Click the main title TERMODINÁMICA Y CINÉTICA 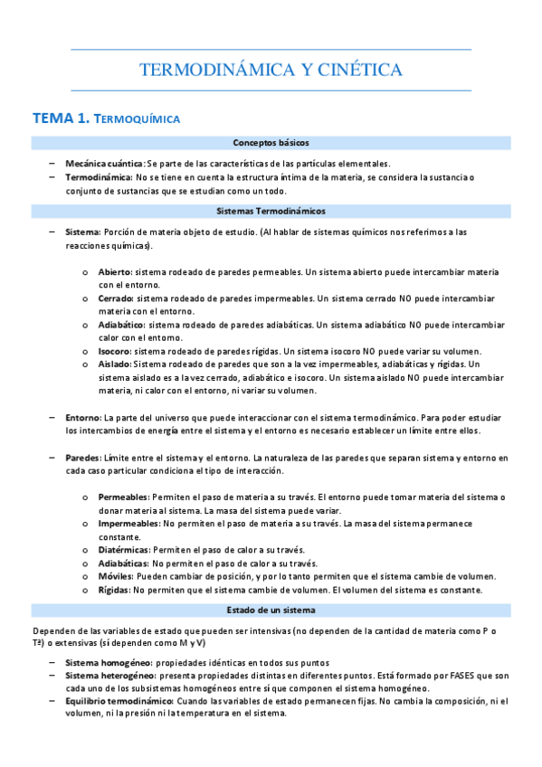(x=271, y=70)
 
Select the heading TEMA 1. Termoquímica (x=107, y=118)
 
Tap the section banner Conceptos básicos (x=271, y=143)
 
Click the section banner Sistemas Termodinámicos (x=271, y=211)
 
